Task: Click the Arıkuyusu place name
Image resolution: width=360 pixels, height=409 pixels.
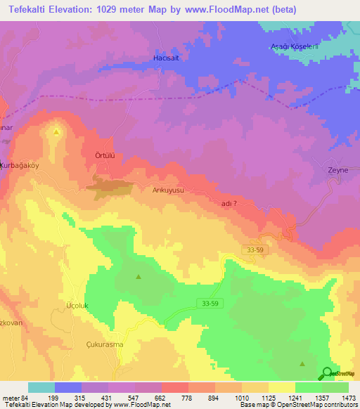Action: [167, 190]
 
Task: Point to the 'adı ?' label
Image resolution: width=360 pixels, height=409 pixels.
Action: [229, 202]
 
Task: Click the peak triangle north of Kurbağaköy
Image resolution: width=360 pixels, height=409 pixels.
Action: [57, 131]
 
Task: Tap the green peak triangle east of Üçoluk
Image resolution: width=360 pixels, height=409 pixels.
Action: [138, 276]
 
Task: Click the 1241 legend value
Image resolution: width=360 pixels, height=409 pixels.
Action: [284, 397]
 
